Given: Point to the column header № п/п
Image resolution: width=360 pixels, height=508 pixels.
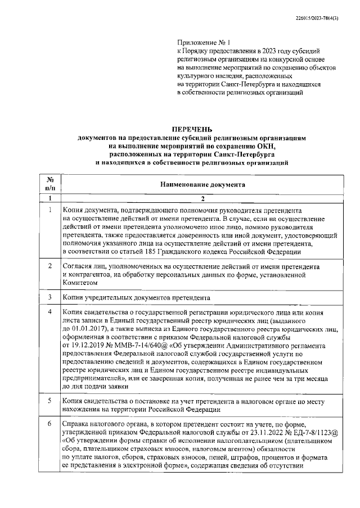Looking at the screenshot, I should (x=49, y=183).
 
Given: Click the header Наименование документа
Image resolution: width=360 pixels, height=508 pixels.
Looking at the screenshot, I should (x=202, y=184).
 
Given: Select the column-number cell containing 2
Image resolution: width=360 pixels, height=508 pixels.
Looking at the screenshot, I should (x=202, y=198).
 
